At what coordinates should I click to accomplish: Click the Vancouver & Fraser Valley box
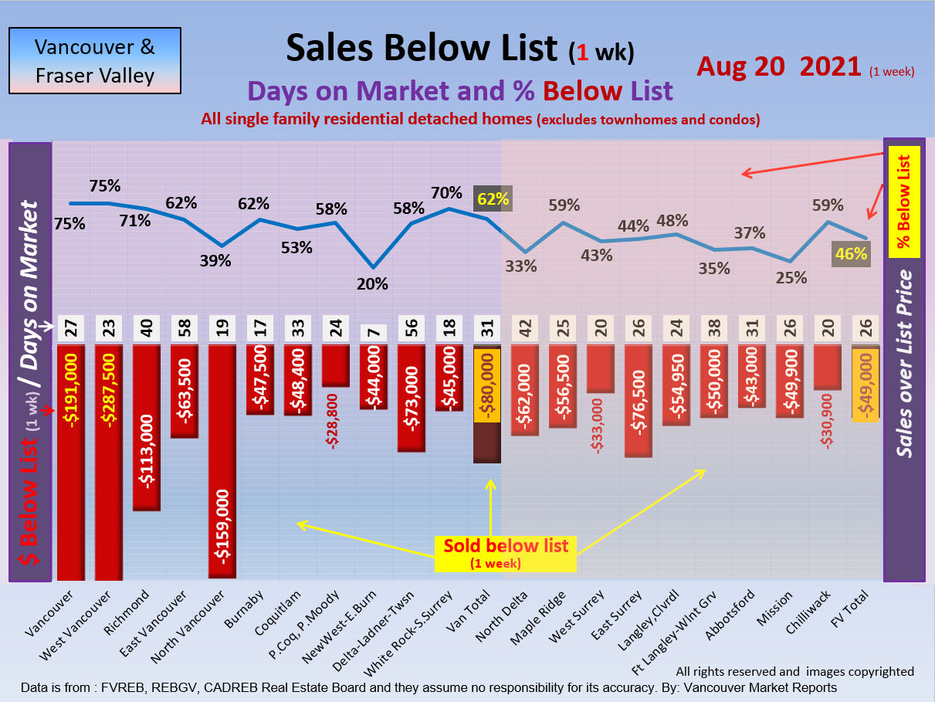coord(94,61)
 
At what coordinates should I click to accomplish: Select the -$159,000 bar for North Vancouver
coord(222,462)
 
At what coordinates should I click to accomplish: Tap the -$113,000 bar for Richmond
coord(147,427)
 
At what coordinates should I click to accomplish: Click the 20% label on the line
coord(372,283)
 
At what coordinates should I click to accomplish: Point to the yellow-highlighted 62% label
coord(493,199)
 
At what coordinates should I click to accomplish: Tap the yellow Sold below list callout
coord(506,553)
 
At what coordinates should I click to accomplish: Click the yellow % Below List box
coord(904,202)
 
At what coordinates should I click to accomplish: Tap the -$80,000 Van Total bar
coord(486,405)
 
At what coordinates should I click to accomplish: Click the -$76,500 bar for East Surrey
coord(639,401)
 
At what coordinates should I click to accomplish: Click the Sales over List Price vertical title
coord(905,363)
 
